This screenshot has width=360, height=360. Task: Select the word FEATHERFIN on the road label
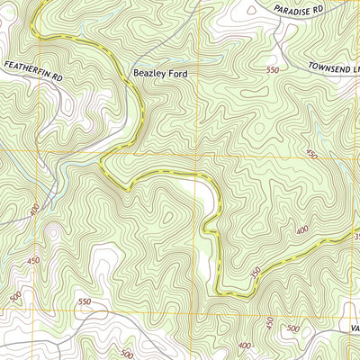tap(24, 67)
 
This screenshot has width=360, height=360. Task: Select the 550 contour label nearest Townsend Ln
tap(273, 69)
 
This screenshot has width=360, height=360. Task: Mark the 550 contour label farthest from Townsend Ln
tap(85, 301)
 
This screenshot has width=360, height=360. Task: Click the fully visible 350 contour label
tap(256, 271)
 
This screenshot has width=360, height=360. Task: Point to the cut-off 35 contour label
tap(355, 237)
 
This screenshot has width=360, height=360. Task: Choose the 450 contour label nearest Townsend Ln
tap(312, 155)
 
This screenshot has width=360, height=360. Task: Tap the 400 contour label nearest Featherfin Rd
tap(33, 211)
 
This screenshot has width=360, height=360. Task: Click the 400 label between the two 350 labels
tap(301, 230)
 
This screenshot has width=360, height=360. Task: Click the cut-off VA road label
tap(355, 328)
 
